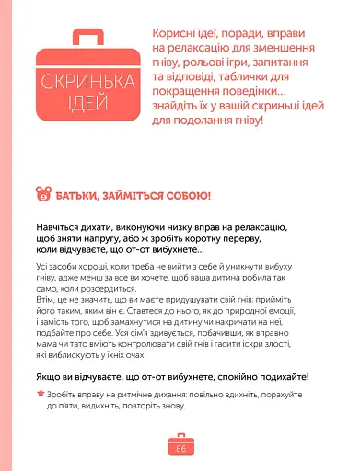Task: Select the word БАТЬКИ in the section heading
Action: tap(83, 195)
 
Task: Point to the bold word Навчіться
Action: tap(64, 226)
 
